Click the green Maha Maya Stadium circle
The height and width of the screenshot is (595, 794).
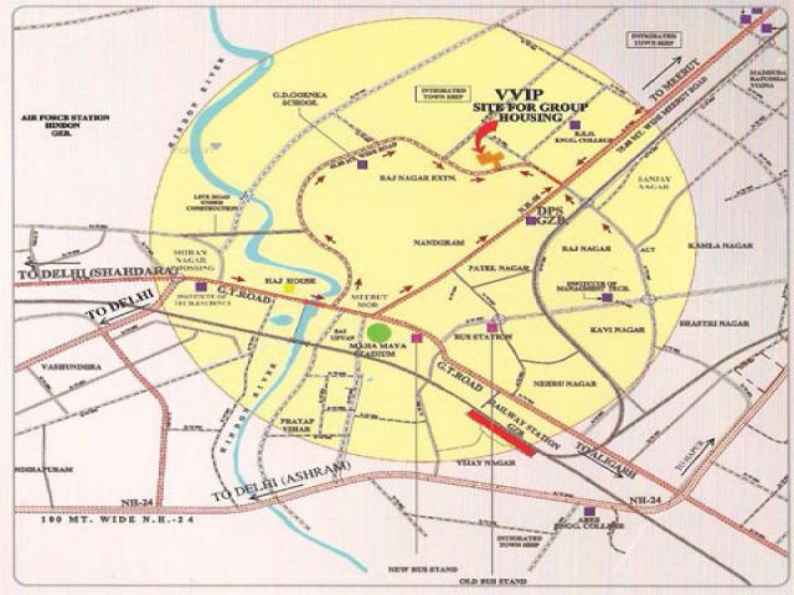point(378,333)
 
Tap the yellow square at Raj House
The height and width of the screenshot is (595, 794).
point(288,288)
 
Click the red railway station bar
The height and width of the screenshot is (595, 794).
point(501,433)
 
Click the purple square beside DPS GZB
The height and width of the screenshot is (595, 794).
point(531,221)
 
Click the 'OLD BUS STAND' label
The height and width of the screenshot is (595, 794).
point(494,582)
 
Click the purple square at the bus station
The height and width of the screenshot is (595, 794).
point(492,327)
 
